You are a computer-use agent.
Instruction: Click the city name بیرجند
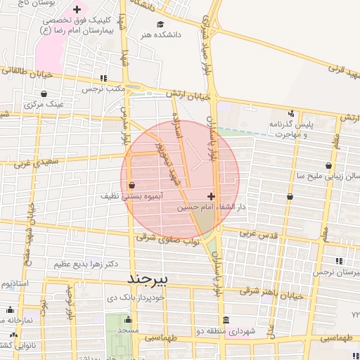coord(149,278)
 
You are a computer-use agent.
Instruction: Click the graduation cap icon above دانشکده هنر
coord(160,24)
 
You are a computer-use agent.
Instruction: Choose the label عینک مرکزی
coord(44,104)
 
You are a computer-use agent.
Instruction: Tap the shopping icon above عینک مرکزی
coord(44,94)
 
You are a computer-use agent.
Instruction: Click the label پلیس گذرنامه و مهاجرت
coord(290,128)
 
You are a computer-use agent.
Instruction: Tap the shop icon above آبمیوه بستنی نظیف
coord(132,186)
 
